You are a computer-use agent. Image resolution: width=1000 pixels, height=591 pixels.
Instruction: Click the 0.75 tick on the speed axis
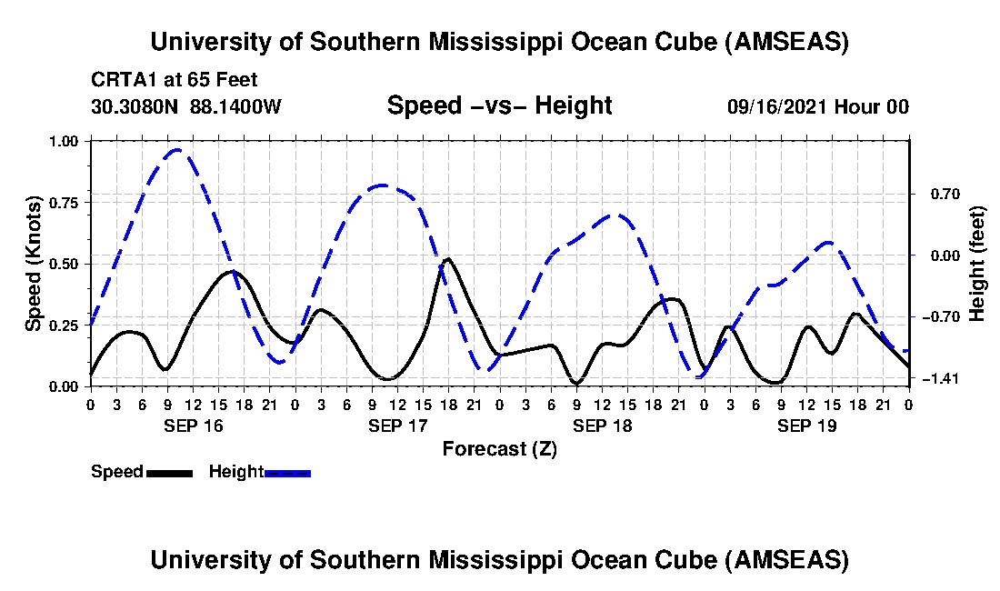tap(69, 202)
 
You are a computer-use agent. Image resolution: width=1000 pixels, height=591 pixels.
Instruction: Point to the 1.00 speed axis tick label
tap(69, 141)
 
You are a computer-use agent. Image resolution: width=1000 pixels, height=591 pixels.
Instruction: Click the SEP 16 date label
tap(193, 425)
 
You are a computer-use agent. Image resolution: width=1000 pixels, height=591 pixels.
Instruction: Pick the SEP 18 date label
tap(602, 425)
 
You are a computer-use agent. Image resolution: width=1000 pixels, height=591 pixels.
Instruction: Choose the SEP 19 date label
tap(806, 425)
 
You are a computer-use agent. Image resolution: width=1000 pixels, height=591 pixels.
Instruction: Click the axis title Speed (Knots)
tap(33, 263)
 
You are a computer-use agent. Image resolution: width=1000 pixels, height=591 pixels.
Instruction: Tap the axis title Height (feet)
tap(977, 263)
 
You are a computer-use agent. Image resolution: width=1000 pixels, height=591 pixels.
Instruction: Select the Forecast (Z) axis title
tap(499, 448)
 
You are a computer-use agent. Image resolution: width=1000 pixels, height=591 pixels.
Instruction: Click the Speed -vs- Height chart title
tap(499, 105)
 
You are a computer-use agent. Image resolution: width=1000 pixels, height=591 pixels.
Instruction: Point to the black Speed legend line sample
tap(169, 473)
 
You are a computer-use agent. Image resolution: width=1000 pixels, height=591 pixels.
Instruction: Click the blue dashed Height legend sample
tap(287, 473)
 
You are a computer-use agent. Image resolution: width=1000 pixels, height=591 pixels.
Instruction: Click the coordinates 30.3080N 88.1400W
tap(186, 106)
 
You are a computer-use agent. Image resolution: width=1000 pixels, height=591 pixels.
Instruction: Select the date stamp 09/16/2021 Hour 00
tap(817, 106)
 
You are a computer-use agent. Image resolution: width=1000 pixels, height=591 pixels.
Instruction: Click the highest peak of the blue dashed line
tap(177, 150)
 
